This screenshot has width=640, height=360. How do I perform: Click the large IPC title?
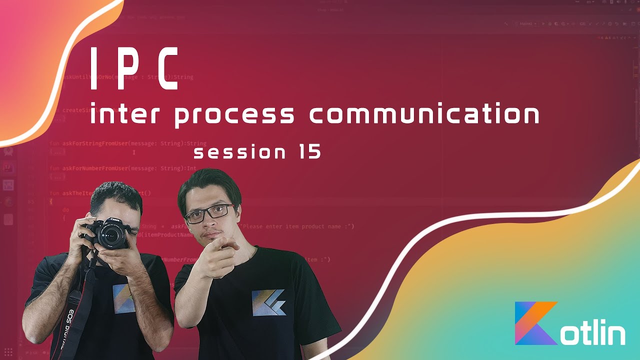[133, 69]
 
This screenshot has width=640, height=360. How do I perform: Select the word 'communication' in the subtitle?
[424, 114]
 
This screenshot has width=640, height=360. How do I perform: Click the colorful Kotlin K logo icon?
[535, 323]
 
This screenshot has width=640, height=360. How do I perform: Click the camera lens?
[109, 238]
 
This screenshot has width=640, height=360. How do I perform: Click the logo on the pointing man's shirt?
[268, 302]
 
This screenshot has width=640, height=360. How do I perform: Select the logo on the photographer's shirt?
[123, 298]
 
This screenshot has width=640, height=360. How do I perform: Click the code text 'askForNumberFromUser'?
[95, 168]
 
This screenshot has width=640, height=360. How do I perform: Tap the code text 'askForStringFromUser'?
[95, 143]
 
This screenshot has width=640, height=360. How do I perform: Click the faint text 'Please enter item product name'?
[295, 226]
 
